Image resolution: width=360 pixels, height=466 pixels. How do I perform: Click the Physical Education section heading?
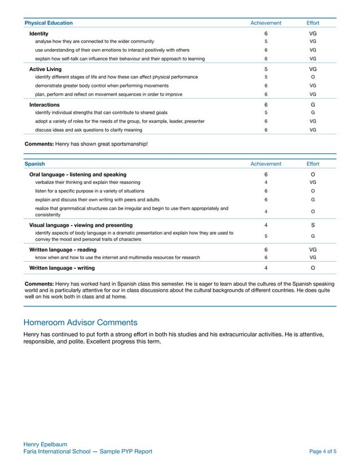pos(49,23)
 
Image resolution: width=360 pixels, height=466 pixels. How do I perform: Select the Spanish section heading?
pos(35,164)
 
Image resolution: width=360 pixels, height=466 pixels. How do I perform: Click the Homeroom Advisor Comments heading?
pos(80,323)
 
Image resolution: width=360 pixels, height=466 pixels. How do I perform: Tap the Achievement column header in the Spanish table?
pos(265,164)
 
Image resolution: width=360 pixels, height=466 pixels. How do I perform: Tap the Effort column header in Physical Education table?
pos(313,23)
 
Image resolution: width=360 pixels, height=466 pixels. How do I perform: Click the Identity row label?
pos(39,34)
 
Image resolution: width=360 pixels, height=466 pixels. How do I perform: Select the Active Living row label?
pos(46,69)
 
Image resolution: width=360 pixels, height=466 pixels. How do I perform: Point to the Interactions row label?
pos(45,104)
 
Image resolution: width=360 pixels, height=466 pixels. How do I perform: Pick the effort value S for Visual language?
pos(313,226)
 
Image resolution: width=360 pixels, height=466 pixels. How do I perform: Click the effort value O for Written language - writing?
pos(313,267)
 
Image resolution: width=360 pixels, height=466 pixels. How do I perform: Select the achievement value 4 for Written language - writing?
pos(265,267)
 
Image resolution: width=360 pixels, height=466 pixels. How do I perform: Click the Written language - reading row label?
pos(63,249)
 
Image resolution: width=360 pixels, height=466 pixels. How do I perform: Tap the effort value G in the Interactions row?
pos(313,104)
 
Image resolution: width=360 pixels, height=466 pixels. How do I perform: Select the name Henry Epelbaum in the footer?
pos(46,445)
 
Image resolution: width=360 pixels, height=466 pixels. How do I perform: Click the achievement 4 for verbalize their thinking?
pos(265,182)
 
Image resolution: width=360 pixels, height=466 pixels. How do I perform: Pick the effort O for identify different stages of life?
pos(313,77)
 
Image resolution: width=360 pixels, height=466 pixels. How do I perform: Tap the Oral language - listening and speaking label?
pos(78,174)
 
